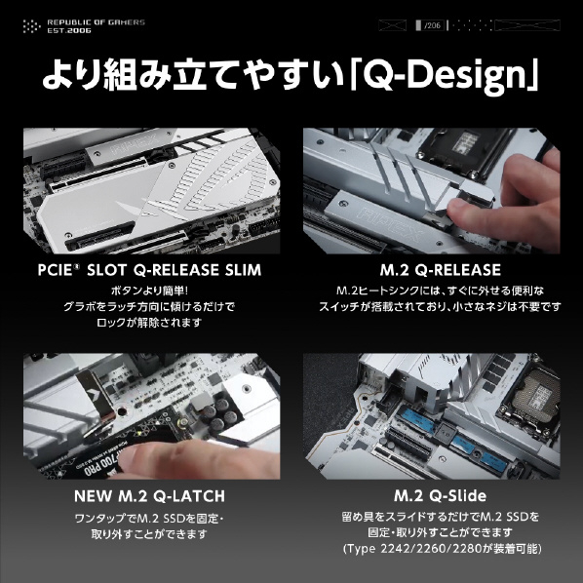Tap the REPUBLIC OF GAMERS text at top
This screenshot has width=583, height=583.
pos(96,22)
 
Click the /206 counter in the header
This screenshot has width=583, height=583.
pos(433,25)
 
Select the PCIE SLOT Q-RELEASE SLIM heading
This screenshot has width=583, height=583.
pos(149,270)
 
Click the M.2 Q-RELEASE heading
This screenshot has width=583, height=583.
pos(441,270)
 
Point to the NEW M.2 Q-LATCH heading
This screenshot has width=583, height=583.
pos(149,496)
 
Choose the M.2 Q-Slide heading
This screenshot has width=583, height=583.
pos(441,495)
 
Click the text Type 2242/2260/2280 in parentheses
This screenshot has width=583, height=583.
pos(413,549)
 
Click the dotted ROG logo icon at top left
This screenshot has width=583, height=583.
pos(31,26)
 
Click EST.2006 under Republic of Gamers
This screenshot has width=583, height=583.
pos(69,30)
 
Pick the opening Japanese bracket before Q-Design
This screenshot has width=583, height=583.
pos(355,75)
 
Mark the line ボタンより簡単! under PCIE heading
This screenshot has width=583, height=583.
pos(149,291)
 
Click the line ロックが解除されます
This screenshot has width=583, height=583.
pos(149,322)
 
